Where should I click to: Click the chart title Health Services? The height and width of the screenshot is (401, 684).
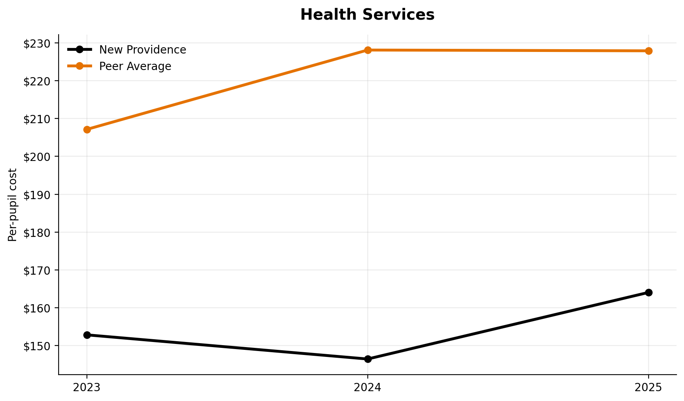click(x=367, y=15)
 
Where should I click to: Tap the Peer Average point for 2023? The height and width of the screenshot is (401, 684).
click(x=87, y=129)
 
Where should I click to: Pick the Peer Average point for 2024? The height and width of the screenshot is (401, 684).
click(x=368, y=50)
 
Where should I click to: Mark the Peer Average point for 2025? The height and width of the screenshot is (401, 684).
click(x=649, y=51)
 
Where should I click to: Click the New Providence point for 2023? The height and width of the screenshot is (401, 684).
click(x=87, y=335)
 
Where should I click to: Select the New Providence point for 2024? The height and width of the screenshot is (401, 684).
click(x=368, y=359)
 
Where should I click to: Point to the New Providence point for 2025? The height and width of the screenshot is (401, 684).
click(x=649, y=292)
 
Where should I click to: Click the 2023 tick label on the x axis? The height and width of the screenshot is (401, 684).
click(x=87, y=388)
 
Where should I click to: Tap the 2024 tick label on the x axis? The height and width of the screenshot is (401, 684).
click(x=368, y=388)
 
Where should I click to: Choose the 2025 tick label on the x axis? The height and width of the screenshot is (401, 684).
click(x=649, y=388)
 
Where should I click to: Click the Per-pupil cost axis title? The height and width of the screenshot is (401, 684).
click(x=13, y=205)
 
